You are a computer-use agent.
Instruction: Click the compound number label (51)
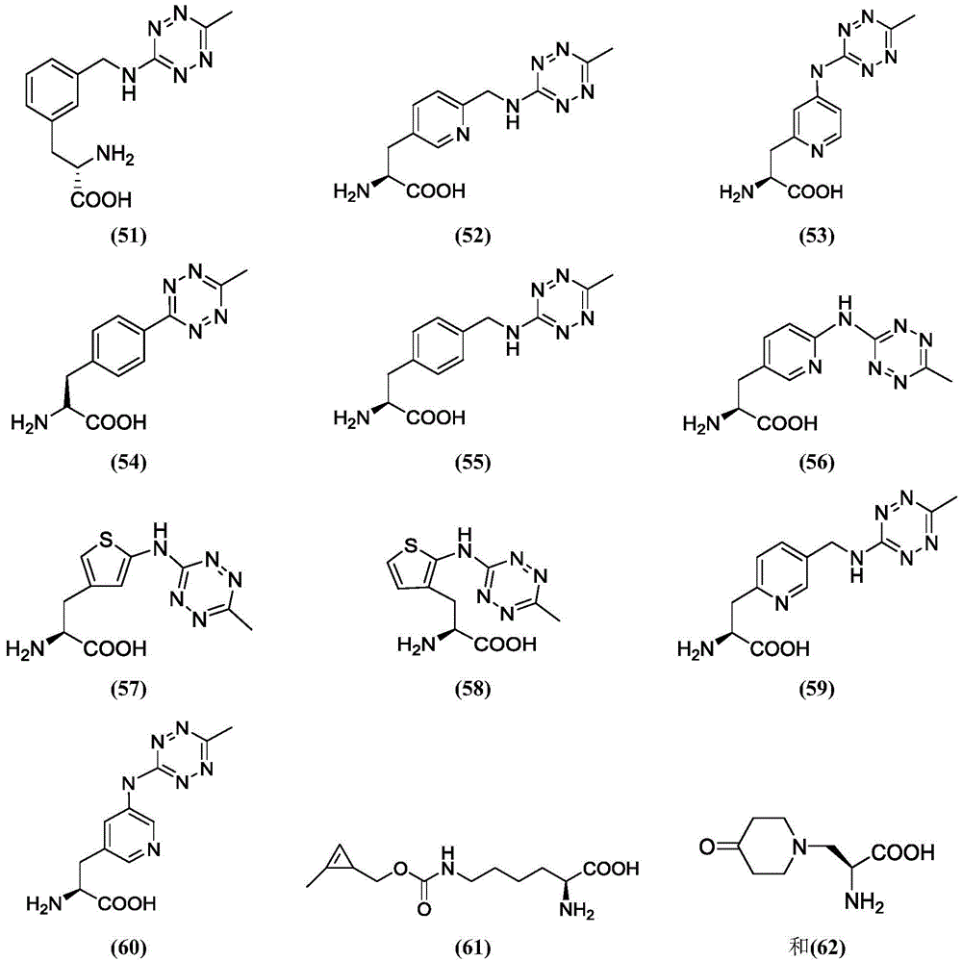click(129, 236)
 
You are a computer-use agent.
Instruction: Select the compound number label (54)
click(129, 462)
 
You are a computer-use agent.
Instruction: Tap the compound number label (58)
click(473, 689)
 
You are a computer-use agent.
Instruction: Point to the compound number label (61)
click(473, 947)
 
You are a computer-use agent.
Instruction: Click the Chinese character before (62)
click(798, 947)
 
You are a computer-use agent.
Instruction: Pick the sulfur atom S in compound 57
click(106, 540)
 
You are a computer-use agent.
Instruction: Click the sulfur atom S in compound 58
click(411, 545)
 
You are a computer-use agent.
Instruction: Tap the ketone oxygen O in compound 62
click(707, 847)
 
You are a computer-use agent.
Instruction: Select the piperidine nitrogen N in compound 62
click(799, 847)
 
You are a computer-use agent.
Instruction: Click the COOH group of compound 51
click(101, 199)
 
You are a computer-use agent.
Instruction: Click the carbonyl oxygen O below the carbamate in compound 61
click(423, 908)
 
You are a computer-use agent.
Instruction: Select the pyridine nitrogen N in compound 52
click(463, 134)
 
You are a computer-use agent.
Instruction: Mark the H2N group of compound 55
click(352, 418)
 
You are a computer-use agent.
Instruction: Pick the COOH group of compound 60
click(126, 902)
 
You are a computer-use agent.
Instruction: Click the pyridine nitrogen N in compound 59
click(781, 604)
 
